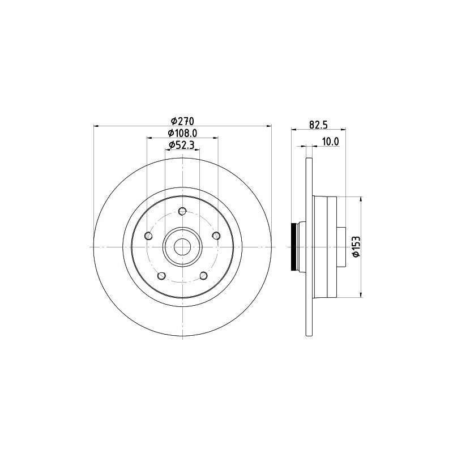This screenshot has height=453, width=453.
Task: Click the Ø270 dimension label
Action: tap(182, 121)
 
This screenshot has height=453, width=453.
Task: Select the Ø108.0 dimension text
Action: tap(182, 133)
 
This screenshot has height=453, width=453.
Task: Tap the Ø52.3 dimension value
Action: tap(182, 145)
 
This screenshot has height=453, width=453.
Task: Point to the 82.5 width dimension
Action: tap(318, 125)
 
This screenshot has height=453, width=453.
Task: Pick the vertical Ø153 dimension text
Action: tap(356, 246)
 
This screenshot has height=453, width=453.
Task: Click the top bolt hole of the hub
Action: tap(182, 211)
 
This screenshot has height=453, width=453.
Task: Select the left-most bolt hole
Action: tap(148, 236)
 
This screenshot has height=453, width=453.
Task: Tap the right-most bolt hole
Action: tap(216, 236)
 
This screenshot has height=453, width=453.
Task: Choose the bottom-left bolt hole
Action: tap(161, 276)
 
